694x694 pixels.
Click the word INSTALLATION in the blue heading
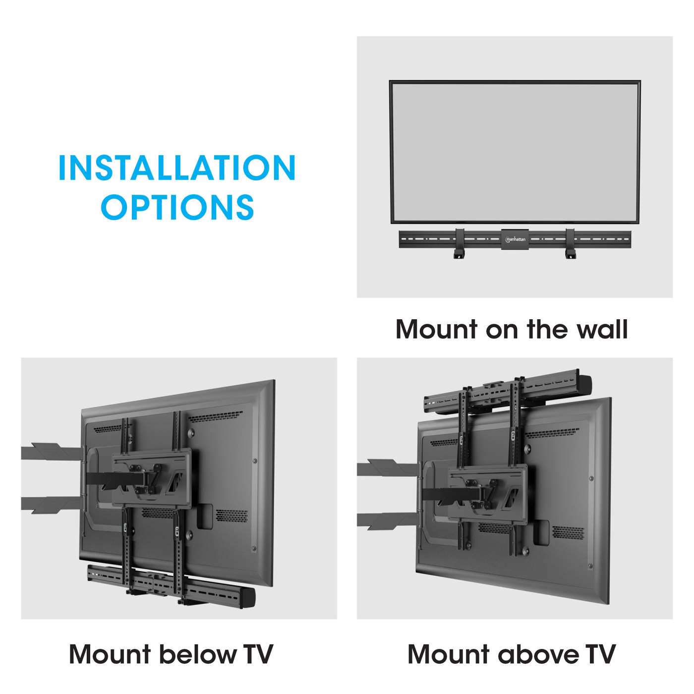click(x=177, y=168)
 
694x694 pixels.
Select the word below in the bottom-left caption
click(x=197, y=654)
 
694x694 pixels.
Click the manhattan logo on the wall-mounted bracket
click(x=515, y=239)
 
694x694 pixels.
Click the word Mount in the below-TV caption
click(x=110, y=654)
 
